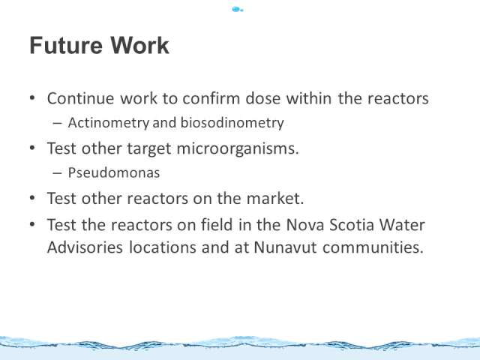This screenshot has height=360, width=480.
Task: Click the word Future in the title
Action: pos(66,45)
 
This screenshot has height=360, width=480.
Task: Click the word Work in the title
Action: pos(139,45)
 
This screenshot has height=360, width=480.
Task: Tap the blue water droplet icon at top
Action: pos(238,10)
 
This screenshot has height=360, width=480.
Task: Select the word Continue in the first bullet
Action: pos(80,98)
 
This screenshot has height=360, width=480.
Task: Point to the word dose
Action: pos(263,98)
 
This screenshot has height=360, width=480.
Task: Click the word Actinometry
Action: pos(109,123)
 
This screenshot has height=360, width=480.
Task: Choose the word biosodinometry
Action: pos(232,123)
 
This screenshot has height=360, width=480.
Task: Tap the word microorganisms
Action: pos(238,148)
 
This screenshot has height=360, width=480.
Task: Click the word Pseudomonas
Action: pos(114,172)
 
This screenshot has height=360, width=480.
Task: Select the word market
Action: pos(275,198)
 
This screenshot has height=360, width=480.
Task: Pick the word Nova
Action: pos(305,225)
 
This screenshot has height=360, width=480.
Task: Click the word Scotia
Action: pos(352,225)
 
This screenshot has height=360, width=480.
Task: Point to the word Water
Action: pos(402,225)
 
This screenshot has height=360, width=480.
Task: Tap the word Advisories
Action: pos(85,247)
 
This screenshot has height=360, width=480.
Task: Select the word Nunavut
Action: pos(285,247)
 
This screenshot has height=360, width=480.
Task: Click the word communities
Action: pos(373,247)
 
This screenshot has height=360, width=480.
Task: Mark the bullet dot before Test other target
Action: pos(32,148)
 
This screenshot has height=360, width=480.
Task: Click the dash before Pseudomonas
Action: pos(57,173)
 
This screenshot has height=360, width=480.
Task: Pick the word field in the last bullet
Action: pos(217,225)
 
